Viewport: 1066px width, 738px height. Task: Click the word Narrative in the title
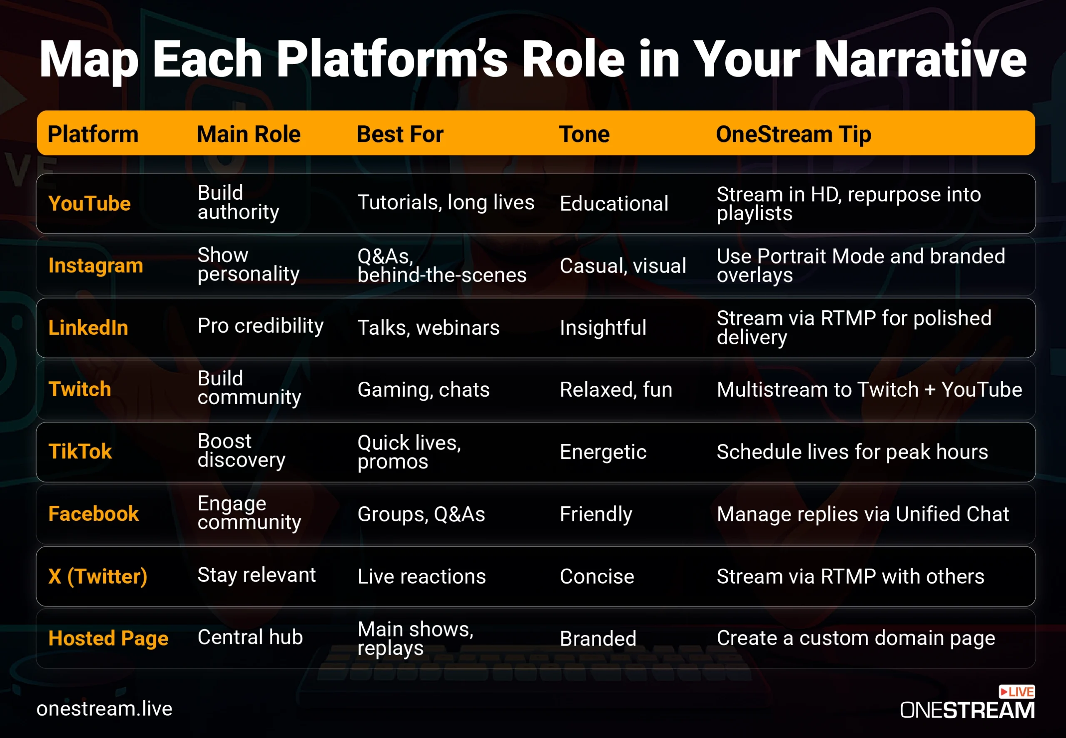point(920,59)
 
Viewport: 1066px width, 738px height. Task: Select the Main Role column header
point(249,134)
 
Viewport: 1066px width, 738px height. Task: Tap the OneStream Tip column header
point(794,134)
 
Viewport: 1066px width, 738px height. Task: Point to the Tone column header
point(585,134)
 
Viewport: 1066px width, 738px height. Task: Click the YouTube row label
point(90,204)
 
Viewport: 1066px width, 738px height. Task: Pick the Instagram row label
point(96,266)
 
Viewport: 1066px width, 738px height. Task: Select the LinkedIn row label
point(88,328)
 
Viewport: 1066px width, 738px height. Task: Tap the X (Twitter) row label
point(98,576)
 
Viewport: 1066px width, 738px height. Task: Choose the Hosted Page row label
point(109,639)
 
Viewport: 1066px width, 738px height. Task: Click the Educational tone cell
point(614,204)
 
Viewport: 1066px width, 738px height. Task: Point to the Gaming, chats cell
point(423,390)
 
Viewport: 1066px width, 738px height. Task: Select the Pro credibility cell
point(260,326)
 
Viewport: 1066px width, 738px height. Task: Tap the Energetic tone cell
point(603,452)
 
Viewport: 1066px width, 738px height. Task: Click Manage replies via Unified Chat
point(863,514)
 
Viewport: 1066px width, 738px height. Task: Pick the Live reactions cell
point(422,576)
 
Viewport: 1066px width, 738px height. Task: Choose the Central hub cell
point(250,637)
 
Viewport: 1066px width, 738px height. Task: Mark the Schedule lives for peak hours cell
point(852,452)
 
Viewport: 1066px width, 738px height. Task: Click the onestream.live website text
point(105,708)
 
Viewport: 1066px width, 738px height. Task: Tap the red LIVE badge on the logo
point(1016,691)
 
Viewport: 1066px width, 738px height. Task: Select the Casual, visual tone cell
point(623,266)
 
